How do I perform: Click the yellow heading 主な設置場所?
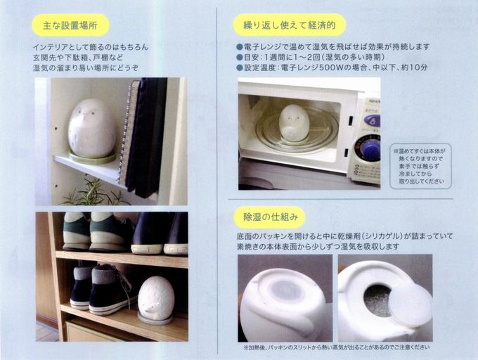[70, 25]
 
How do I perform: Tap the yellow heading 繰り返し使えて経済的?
[290, 25]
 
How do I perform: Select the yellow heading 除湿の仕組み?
[270, 217]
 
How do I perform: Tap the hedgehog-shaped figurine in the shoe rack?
[155, 298]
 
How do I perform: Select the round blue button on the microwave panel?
[373, 122]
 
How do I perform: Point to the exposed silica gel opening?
[377, 300]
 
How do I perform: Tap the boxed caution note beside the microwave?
[420, 166]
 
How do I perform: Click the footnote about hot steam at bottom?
[337, 347]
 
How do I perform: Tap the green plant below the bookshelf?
[91, 193]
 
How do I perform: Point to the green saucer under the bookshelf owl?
[92, 157]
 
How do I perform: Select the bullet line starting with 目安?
[310, 57]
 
